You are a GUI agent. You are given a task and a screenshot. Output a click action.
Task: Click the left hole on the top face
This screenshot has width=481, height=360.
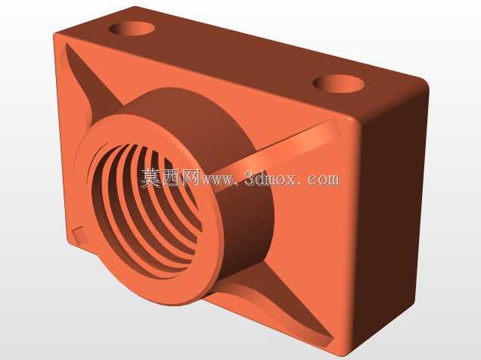pos(132,28)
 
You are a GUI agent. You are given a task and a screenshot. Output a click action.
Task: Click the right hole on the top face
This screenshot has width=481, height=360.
pos(338,83)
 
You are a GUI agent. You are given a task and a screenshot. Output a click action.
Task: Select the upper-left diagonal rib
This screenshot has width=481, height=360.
pos(89,82)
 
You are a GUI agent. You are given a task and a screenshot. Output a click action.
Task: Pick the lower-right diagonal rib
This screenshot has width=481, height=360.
pos(276,303)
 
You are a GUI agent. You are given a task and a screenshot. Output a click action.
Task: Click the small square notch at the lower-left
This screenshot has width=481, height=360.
pos(79,235)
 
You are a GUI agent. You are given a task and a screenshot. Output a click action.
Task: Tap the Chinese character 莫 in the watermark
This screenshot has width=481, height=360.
pos(150,178)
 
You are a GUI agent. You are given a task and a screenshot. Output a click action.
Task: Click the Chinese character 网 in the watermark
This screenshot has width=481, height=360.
pos(190,178)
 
